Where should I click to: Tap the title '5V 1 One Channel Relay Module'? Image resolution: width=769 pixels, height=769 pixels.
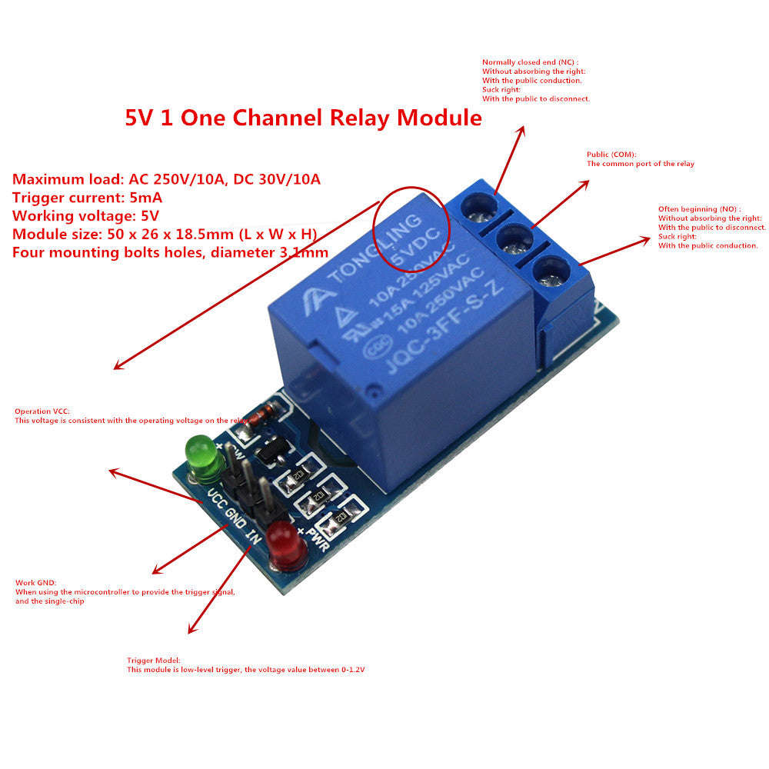[303, 118]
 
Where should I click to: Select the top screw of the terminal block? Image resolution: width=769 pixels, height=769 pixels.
[477, 205]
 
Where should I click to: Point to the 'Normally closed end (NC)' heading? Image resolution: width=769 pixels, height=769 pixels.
[530, 62]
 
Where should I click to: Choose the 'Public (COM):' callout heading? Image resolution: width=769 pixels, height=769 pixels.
[611, 154]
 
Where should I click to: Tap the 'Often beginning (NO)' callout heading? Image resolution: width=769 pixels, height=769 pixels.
[699, 209]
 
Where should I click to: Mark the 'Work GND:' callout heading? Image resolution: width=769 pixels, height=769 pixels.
[35, 583]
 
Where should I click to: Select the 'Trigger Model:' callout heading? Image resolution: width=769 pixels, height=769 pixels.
[153, 661]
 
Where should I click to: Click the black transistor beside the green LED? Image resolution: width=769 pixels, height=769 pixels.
[270, 455]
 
